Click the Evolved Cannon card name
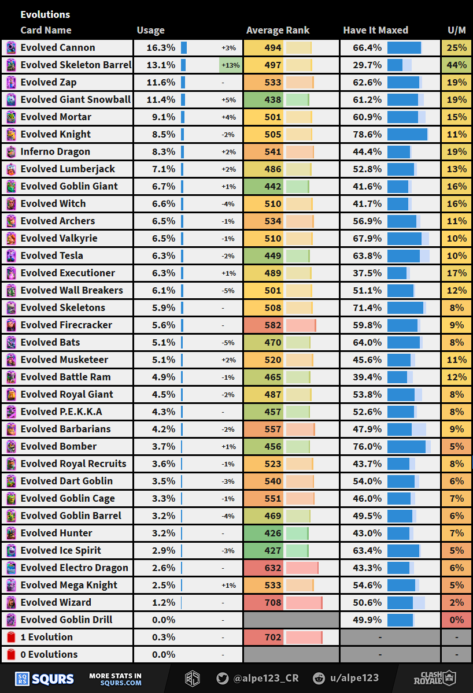click(58, 47)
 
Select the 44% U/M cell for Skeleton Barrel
click(457, 65)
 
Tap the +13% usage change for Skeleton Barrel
click(230, 65)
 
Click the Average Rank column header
click(278, 30)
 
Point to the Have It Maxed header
click(375, 30)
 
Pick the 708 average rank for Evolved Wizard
click(273, 602)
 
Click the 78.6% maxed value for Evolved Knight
click(367, 134)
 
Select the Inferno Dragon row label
click(56, 151)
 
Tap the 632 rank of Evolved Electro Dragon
click(273, 568)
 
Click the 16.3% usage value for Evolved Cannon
click(161, 47)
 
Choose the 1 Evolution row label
click(46, 637)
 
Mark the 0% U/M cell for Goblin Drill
click(457, 620)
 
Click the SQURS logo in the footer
click(45, 679)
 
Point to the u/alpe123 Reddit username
click(353, 679)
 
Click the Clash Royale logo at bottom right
click(434, 678)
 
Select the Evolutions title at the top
click(45, 14)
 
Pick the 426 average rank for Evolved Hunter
click(273, 533)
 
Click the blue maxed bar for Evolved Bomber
click(407, 446)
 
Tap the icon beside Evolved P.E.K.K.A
click(11, 412)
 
